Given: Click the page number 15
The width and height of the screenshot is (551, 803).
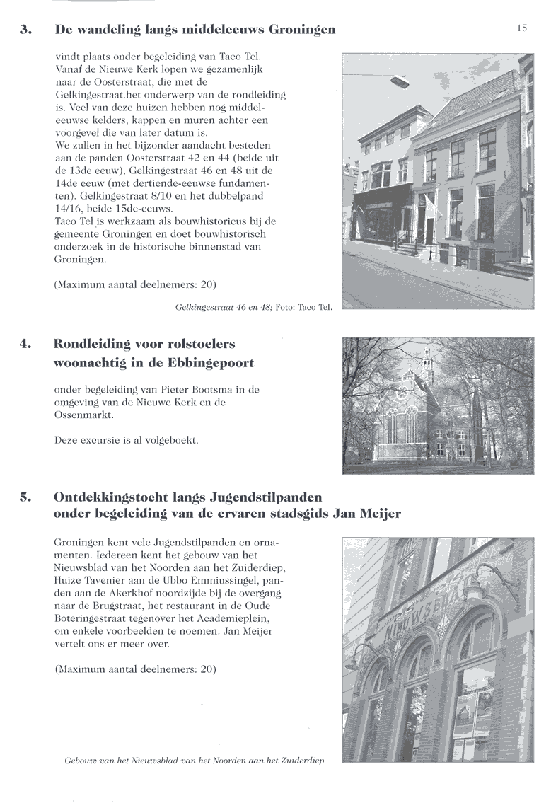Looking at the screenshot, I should click(522, 28).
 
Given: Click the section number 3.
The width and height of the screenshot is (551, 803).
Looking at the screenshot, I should click(25, 30).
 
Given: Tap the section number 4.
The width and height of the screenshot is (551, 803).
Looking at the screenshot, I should click(25, 345).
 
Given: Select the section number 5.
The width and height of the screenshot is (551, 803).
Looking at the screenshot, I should click(25, 497).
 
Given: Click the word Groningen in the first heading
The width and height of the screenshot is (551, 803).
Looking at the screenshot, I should click(298, 30).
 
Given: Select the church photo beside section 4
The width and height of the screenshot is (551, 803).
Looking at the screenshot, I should click(437, 405).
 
